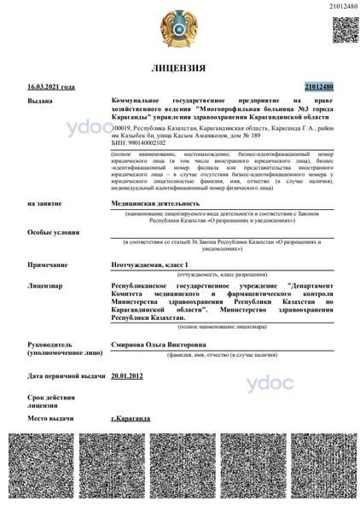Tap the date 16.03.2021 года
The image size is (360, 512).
pos(51,87)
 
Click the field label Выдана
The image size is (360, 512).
pos(39,101)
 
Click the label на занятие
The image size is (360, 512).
pos(44,204)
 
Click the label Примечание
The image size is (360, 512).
pos(47,266)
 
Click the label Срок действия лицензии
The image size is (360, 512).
pos(46,401)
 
